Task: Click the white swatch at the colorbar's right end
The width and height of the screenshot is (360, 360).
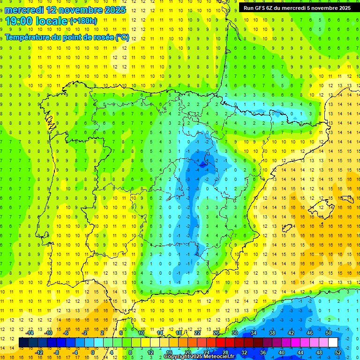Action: (x=333, y=342)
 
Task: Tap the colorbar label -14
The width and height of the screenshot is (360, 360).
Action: (x=30, y=333)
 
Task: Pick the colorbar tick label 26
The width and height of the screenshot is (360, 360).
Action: (x=216, y=333)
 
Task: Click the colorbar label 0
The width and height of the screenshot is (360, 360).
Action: (x=92, y=352)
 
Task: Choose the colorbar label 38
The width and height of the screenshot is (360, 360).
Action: (x=271, y=333)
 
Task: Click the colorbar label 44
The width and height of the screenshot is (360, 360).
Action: (x=300, y=352)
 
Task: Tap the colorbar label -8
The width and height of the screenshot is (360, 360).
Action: (x=57, y=352)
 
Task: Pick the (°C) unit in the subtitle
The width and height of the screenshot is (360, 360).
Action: (x=122, y=37)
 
